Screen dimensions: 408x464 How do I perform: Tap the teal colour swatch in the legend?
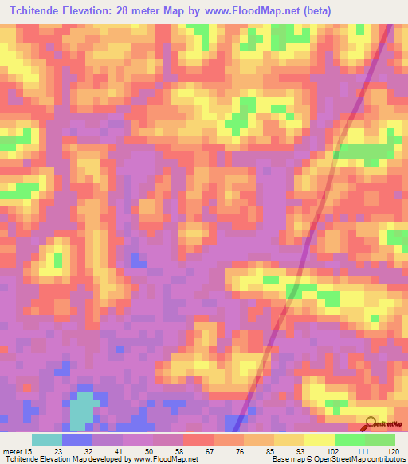[x=47, y=439]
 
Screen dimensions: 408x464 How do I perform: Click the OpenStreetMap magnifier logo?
[x=371, y=423]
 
